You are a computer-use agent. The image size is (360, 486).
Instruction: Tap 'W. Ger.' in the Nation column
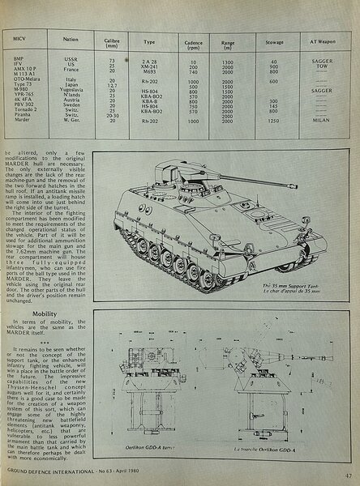click(71, 120)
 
